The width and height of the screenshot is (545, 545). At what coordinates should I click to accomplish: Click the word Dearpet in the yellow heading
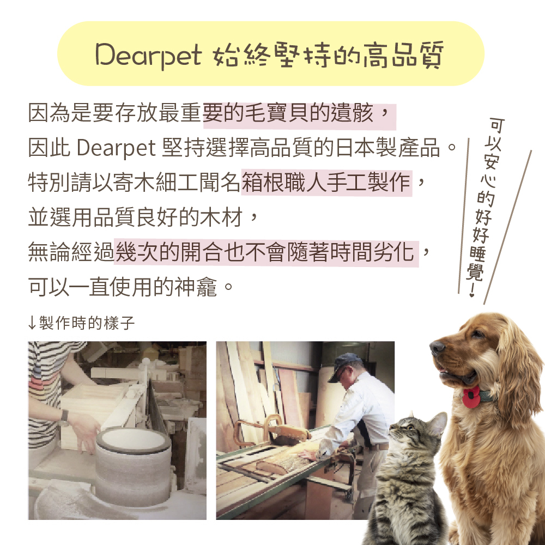(x=148, y=55)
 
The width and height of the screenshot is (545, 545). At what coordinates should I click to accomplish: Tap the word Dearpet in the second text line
(x=116, y=148)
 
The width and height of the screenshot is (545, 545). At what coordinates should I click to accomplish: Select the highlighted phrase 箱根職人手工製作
(x=326, y=182)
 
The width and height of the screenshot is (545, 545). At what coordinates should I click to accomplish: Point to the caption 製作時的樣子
(x=87, y=323)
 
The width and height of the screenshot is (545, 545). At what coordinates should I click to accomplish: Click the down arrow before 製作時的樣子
(x=32, y=323)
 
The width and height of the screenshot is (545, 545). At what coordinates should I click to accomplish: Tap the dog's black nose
(x=437, y=347)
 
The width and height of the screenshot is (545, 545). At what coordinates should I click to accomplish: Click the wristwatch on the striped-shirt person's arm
(x=64, y=418)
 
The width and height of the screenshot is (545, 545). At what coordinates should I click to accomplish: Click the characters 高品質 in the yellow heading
(x=403, y=55)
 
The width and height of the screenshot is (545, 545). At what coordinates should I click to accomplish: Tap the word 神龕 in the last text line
(x=196, y=287)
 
